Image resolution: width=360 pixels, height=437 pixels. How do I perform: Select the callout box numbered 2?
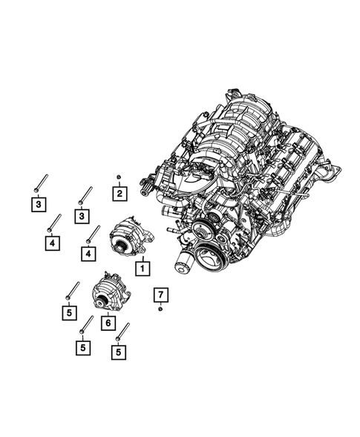tap(118, 194)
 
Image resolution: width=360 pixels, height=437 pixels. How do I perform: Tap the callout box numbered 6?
tap(108, 323)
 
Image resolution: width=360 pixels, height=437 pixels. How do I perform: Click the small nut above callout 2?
tap(119, 176)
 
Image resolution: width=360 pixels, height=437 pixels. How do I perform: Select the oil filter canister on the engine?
tap(182, 261)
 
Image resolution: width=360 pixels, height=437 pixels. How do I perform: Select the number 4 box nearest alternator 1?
tap(89, 253)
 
